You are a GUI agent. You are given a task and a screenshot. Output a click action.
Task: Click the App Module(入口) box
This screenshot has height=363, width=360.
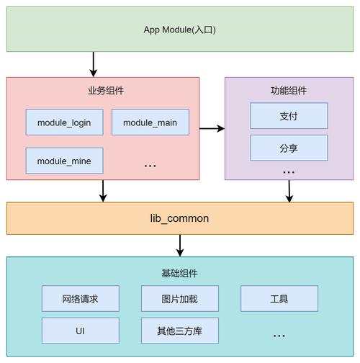point(179,30)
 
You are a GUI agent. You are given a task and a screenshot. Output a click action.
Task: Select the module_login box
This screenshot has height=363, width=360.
point(64,122)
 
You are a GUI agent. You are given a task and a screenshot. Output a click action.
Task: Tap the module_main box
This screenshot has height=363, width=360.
point(150,122)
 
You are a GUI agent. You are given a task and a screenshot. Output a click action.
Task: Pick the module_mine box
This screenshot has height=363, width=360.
point(64,161)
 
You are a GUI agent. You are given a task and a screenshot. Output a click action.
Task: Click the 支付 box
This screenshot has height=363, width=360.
point(289,116)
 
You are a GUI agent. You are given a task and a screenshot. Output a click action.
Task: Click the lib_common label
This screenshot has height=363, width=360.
point(179,218)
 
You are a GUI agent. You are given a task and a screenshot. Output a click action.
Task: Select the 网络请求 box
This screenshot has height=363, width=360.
point(80,298)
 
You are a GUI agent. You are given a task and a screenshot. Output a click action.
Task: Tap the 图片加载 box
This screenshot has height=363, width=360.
point(179,298)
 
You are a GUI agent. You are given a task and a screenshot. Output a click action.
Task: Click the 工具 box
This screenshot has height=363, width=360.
point(279,298)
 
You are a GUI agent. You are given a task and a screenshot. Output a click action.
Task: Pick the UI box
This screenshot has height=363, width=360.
point(80,331)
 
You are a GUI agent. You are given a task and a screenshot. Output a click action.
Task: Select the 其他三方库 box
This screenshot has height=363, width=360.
point(179,331)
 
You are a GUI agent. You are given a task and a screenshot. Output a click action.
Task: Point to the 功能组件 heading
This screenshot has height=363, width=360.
point(289,91)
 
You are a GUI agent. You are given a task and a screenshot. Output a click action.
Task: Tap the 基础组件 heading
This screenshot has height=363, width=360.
point(179,274)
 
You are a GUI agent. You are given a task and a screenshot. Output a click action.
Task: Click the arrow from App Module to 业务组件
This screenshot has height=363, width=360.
point(93,64)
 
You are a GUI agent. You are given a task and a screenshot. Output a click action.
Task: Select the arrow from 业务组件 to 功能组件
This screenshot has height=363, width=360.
point(212,129)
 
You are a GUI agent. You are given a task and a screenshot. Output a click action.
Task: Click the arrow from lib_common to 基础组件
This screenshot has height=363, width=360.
point(179,245)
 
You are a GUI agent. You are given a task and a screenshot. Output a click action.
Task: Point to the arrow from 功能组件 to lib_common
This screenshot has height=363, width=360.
point(289,191)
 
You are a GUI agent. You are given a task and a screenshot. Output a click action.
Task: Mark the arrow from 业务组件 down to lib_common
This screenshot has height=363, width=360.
point(104,191)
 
